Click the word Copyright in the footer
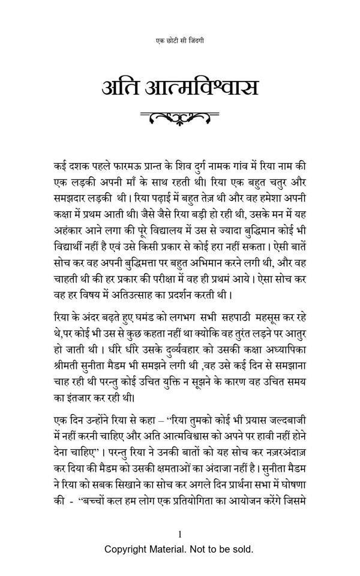pyautogui.click(x=128, y=548)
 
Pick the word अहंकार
pyautogui.click(x=68, y=227)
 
